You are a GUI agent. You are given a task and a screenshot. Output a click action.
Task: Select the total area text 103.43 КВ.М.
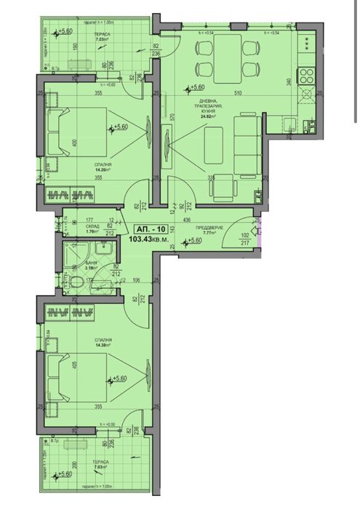click(x=149, y=238)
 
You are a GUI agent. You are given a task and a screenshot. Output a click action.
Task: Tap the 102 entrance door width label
click(x=245, y=235)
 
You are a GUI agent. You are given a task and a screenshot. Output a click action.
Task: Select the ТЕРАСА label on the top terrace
click(x=92, y=34)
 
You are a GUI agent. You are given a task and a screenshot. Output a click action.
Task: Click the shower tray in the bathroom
click(x=75, y=255)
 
